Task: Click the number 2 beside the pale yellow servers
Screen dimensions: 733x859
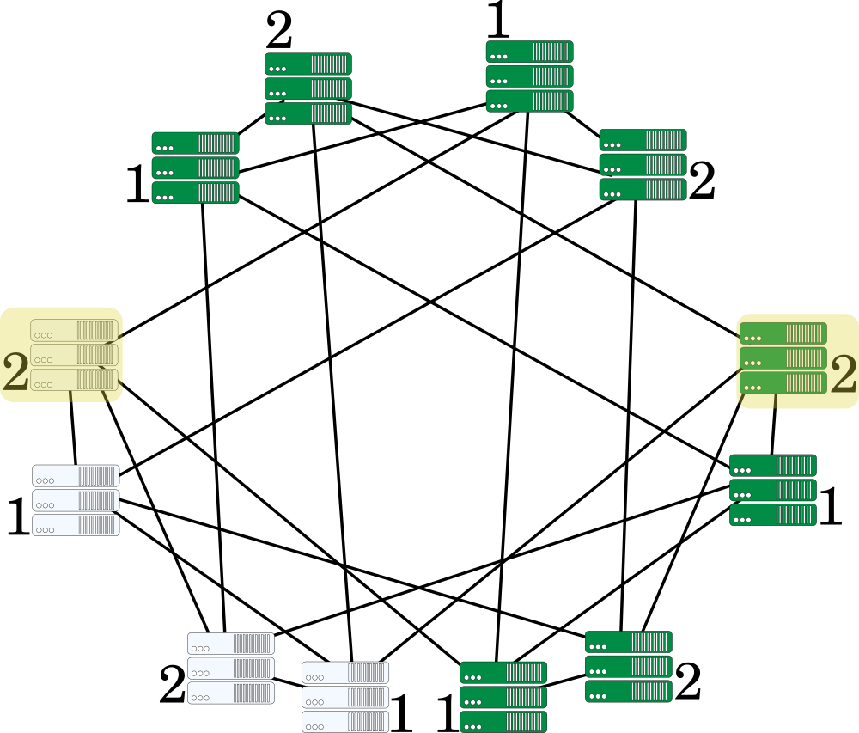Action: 15,372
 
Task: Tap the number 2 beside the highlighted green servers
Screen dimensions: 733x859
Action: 844,374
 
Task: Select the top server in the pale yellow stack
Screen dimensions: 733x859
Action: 74,330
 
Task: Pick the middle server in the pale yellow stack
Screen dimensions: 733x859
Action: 74,355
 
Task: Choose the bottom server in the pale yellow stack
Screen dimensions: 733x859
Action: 74,380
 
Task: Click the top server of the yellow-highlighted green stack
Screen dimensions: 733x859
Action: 783,333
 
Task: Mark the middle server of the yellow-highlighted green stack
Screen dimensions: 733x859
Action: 783,357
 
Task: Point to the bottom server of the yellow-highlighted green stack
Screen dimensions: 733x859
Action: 783,382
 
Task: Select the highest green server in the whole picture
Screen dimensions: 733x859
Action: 529,52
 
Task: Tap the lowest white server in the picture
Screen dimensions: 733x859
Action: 345,722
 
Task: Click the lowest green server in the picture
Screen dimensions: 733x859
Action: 503,722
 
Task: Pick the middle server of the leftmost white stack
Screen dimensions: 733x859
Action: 76,500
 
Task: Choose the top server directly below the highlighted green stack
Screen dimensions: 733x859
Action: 773,466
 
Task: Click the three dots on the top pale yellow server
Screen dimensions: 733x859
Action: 44,335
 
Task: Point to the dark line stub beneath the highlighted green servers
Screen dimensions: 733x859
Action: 776,401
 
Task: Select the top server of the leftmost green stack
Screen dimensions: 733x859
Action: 195,143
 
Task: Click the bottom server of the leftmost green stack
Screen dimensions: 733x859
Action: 195,192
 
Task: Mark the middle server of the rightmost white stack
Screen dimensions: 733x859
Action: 345,697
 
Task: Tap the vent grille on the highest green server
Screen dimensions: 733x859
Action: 551,52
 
